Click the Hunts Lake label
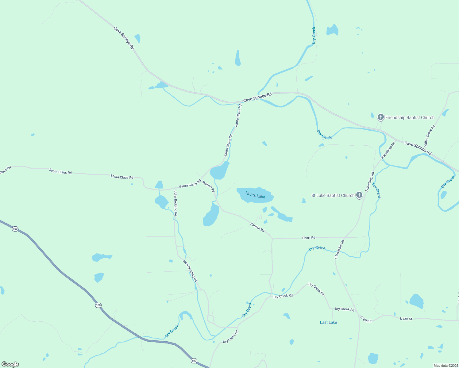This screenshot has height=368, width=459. coord(255,195)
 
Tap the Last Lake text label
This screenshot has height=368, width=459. coord(328,322)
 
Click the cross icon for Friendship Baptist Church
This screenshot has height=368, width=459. coord(380,117)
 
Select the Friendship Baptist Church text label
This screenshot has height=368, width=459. coord(410,117)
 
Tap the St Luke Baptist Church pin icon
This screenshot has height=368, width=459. coord(359,195)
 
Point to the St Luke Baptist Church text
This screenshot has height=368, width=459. coord(333,195)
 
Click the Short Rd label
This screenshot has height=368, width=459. coord(309,238)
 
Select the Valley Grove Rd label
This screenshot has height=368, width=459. coord(429,136)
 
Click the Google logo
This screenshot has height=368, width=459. coord(10,364)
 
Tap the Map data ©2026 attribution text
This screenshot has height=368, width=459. coord(446,366)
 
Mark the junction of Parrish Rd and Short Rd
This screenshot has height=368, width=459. coord(272,239)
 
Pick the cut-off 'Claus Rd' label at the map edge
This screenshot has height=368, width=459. coord(5,170)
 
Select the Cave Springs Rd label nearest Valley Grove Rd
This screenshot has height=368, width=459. coord(418,148)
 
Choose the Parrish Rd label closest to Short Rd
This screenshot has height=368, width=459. coord(257,227)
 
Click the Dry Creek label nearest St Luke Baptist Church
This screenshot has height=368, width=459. coord(376,190)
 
